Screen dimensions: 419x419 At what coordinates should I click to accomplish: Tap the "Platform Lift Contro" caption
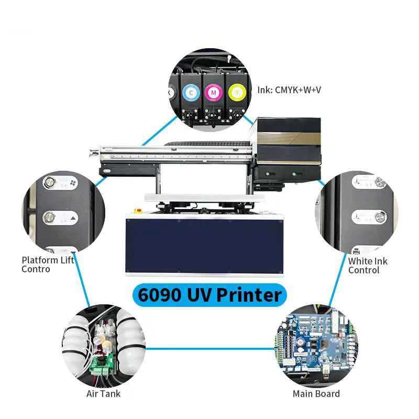48,264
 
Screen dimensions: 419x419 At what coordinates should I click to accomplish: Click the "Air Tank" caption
104,394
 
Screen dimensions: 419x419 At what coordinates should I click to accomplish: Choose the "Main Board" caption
316,394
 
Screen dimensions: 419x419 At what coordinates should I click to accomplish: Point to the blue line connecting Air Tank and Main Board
210,348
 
